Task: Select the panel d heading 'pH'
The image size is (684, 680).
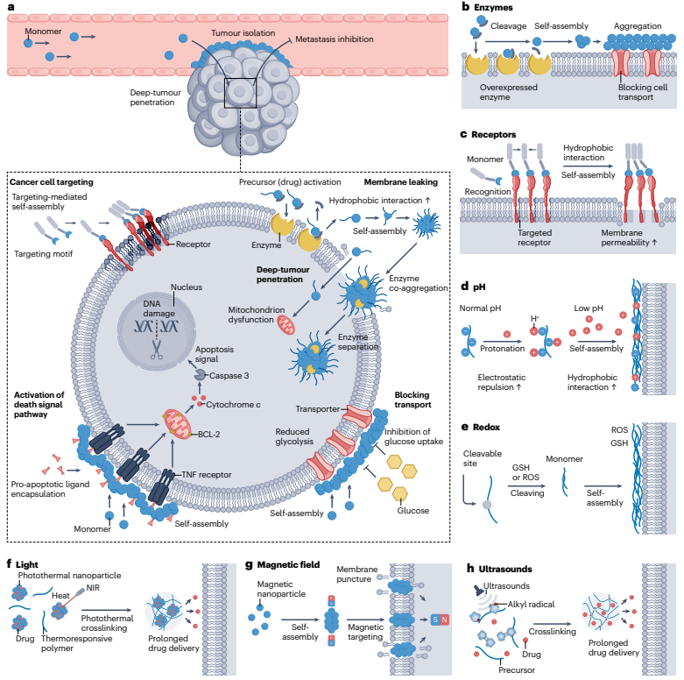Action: pos(481,287)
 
